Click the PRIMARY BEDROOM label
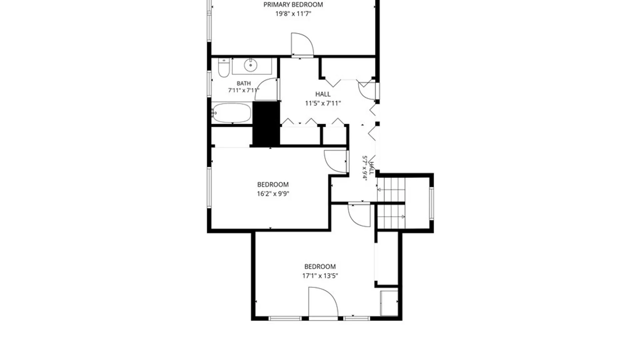pyautogui.click(x=293, y=5)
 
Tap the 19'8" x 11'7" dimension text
pyautogui.click(x=293, y=14)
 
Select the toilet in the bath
pyautogui.click(x=224, y=68)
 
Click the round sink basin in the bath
pyautogui.click(x=250, y=65)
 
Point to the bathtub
pyautogui.click(x=232, y=113)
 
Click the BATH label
pyautogui.click(x=244, y=83)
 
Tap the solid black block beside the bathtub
pyautogui.click(x=266, y=123)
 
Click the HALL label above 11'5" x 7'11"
pyautogui.click(x=323, y=94)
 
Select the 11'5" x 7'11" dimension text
pyautogui.click(x=323, y=103)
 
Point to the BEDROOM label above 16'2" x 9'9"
pyautogui.click(x=273, y=185)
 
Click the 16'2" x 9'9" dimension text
pyautogui.click(x=273, y=194)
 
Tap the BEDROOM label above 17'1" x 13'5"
pyautogui.click(x=320, y=267)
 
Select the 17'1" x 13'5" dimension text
pyautogui.click(x=320, y=276)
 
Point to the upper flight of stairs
pyautogui.click(x=391, y=190)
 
